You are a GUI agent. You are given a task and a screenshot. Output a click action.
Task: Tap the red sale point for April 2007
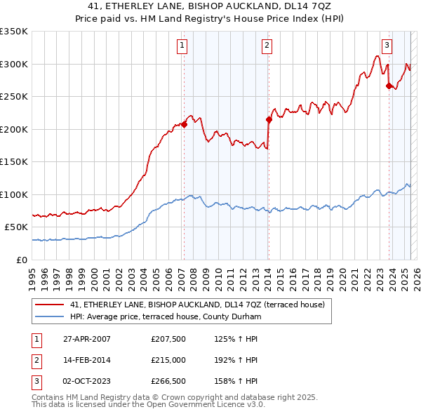(184, 124)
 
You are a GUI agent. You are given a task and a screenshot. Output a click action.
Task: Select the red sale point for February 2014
(269, 119)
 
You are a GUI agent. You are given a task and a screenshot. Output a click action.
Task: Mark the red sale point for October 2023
(389, 86)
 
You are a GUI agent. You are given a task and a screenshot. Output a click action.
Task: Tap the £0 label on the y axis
(22, 260)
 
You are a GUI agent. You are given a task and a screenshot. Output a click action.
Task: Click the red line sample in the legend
(50, 305)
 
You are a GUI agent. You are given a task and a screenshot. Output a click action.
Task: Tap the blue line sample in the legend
(50, 316)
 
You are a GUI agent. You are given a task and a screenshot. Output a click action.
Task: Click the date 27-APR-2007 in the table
(87, 339)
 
